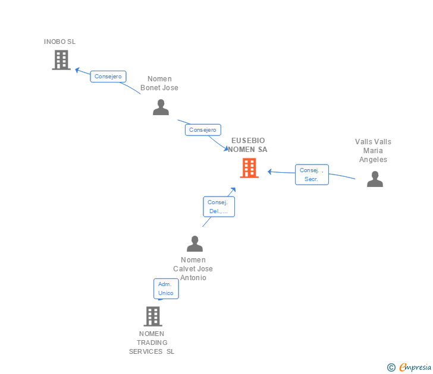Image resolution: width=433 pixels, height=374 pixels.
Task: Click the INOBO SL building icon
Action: [61, 60]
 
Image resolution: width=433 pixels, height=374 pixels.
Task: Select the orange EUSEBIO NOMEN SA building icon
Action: [249, 168]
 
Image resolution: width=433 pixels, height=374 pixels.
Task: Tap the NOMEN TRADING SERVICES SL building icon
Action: [153, 316]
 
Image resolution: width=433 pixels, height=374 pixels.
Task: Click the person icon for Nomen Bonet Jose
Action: [161, 107]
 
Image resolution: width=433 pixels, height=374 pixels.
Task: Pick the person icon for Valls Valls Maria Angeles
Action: [375, 179]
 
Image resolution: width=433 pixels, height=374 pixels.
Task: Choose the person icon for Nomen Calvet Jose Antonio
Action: [194, 244]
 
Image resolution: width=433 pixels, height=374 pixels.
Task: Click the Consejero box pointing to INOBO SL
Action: [108, 77]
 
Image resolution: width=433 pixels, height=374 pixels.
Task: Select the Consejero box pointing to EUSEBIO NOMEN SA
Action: [203, 129]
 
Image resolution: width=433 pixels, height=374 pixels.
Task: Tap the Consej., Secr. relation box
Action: [312, 175]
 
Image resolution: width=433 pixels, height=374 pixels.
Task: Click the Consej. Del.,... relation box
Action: [218, 207]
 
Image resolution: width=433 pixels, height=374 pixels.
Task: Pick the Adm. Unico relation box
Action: [166, 289]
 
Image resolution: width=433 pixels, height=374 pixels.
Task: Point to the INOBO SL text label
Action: [60, 42]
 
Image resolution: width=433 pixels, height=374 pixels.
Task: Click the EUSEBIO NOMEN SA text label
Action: [248, 145]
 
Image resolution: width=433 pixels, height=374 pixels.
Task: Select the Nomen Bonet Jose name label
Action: [159, 84]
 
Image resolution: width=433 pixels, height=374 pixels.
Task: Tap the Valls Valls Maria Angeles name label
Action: [374, 151]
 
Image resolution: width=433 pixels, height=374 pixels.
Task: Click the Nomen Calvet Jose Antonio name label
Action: [193, 268]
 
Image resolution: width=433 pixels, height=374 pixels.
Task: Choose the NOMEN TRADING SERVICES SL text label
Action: [152, 343]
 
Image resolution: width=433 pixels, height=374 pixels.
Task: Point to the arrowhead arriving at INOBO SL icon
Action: [77, 69]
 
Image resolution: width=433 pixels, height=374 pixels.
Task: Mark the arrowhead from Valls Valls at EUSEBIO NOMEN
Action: [269, 172]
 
